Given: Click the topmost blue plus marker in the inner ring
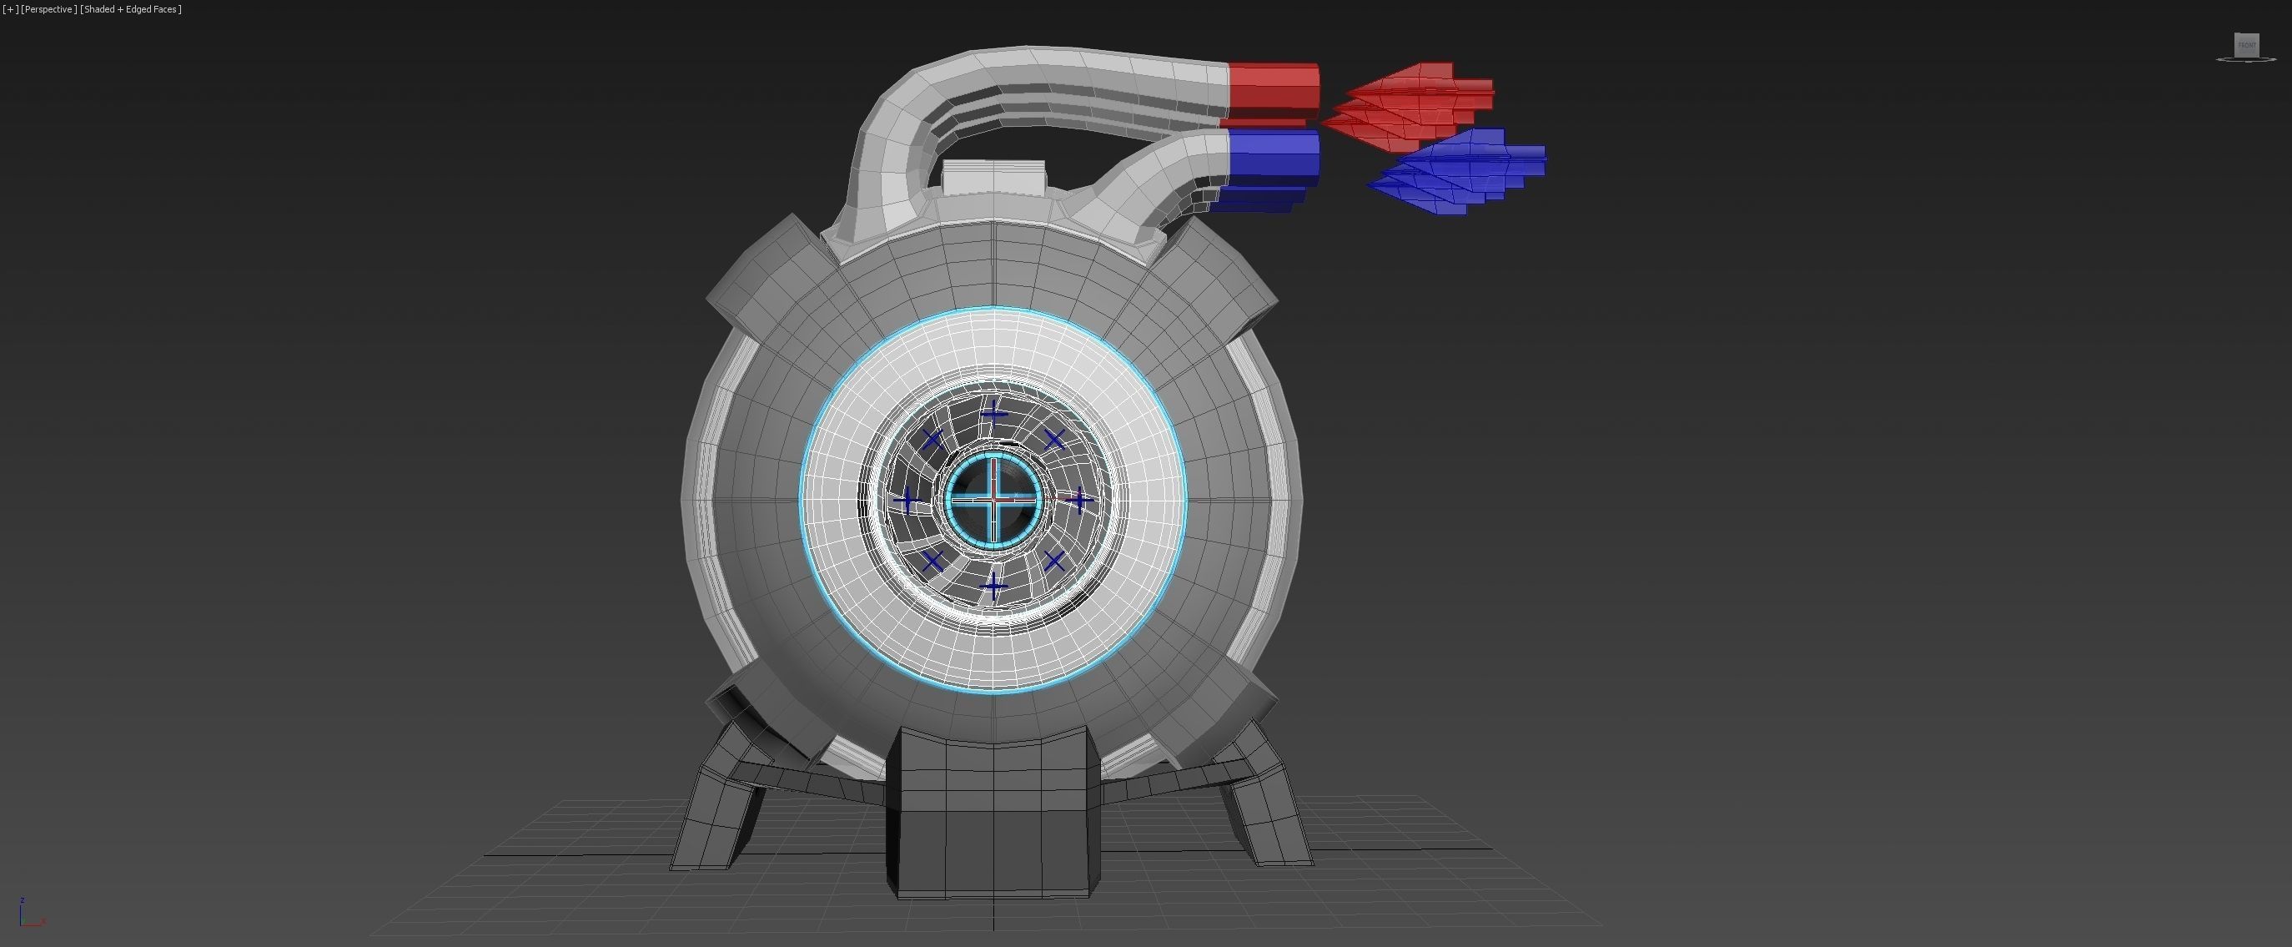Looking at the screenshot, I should click(993, 412).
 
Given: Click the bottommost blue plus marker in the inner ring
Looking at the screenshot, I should click(993, 586).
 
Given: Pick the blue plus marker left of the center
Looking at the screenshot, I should click(907, 501).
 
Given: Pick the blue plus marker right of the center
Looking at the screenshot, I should click(1079, 501).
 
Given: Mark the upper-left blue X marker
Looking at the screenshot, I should click(932, 439).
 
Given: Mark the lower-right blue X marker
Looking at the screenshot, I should click(1054, 561).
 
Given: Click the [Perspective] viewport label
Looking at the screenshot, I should click(48, 9).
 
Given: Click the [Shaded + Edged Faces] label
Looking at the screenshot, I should click(131, 9).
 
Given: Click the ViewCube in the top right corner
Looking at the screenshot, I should click(2247, 45).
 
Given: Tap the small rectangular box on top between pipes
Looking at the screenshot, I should click(993, 177).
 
